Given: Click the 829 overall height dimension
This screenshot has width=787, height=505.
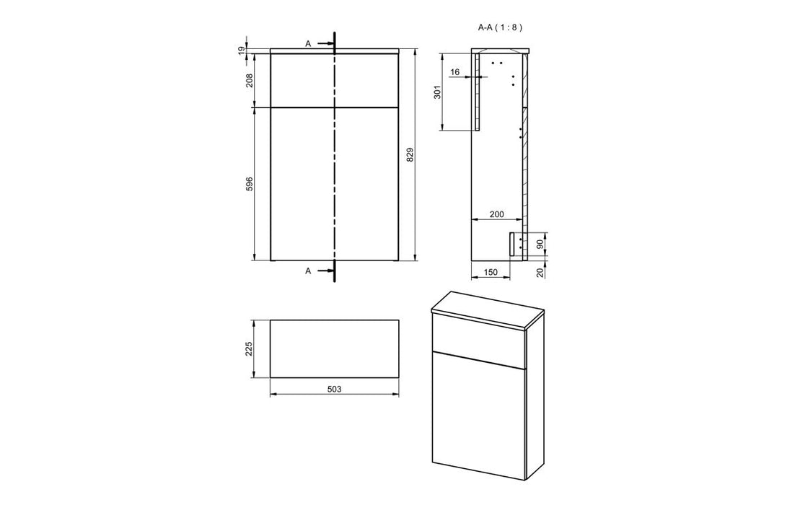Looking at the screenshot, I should click(409, 154).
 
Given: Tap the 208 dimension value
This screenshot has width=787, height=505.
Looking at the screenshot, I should click(250, 80).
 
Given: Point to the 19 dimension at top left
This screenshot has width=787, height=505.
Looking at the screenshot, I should click(242, 50).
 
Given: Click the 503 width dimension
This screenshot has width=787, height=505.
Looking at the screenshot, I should click(333, 389).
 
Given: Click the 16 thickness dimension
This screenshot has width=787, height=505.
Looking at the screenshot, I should click(455, 72).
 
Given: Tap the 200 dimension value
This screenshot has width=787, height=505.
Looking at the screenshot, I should click(496, 214).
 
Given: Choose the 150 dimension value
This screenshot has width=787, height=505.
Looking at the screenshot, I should click(490, 272).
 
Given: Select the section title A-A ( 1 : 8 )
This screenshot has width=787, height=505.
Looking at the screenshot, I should click(500, 27).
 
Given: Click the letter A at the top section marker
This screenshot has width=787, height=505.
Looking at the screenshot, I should click(308, 43).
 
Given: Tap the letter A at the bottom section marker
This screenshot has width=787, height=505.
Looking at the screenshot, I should click(308, 271).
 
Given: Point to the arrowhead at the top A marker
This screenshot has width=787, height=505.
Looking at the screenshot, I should click(330, 43).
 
